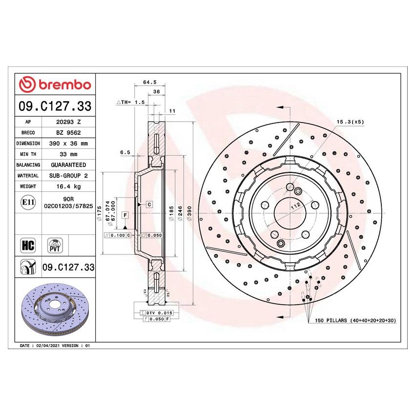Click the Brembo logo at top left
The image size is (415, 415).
coord(55,84)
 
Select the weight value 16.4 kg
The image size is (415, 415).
coord(68,187)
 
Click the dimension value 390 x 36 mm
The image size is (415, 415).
coord(68,144)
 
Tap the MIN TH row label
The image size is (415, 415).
coord(28,154)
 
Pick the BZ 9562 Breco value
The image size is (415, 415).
coord(68,133)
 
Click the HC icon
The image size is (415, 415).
coord(28,245)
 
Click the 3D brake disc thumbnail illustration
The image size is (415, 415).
coord(55,311)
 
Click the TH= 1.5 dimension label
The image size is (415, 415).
coord(130,103)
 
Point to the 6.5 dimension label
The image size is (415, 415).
coord(125,152)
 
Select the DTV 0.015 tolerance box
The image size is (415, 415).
coord(156,312)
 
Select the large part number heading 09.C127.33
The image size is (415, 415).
coord(55,106)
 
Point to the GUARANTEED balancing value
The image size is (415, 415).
coord(68,165)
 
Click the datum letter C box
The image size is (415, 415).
coord(149,204)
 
